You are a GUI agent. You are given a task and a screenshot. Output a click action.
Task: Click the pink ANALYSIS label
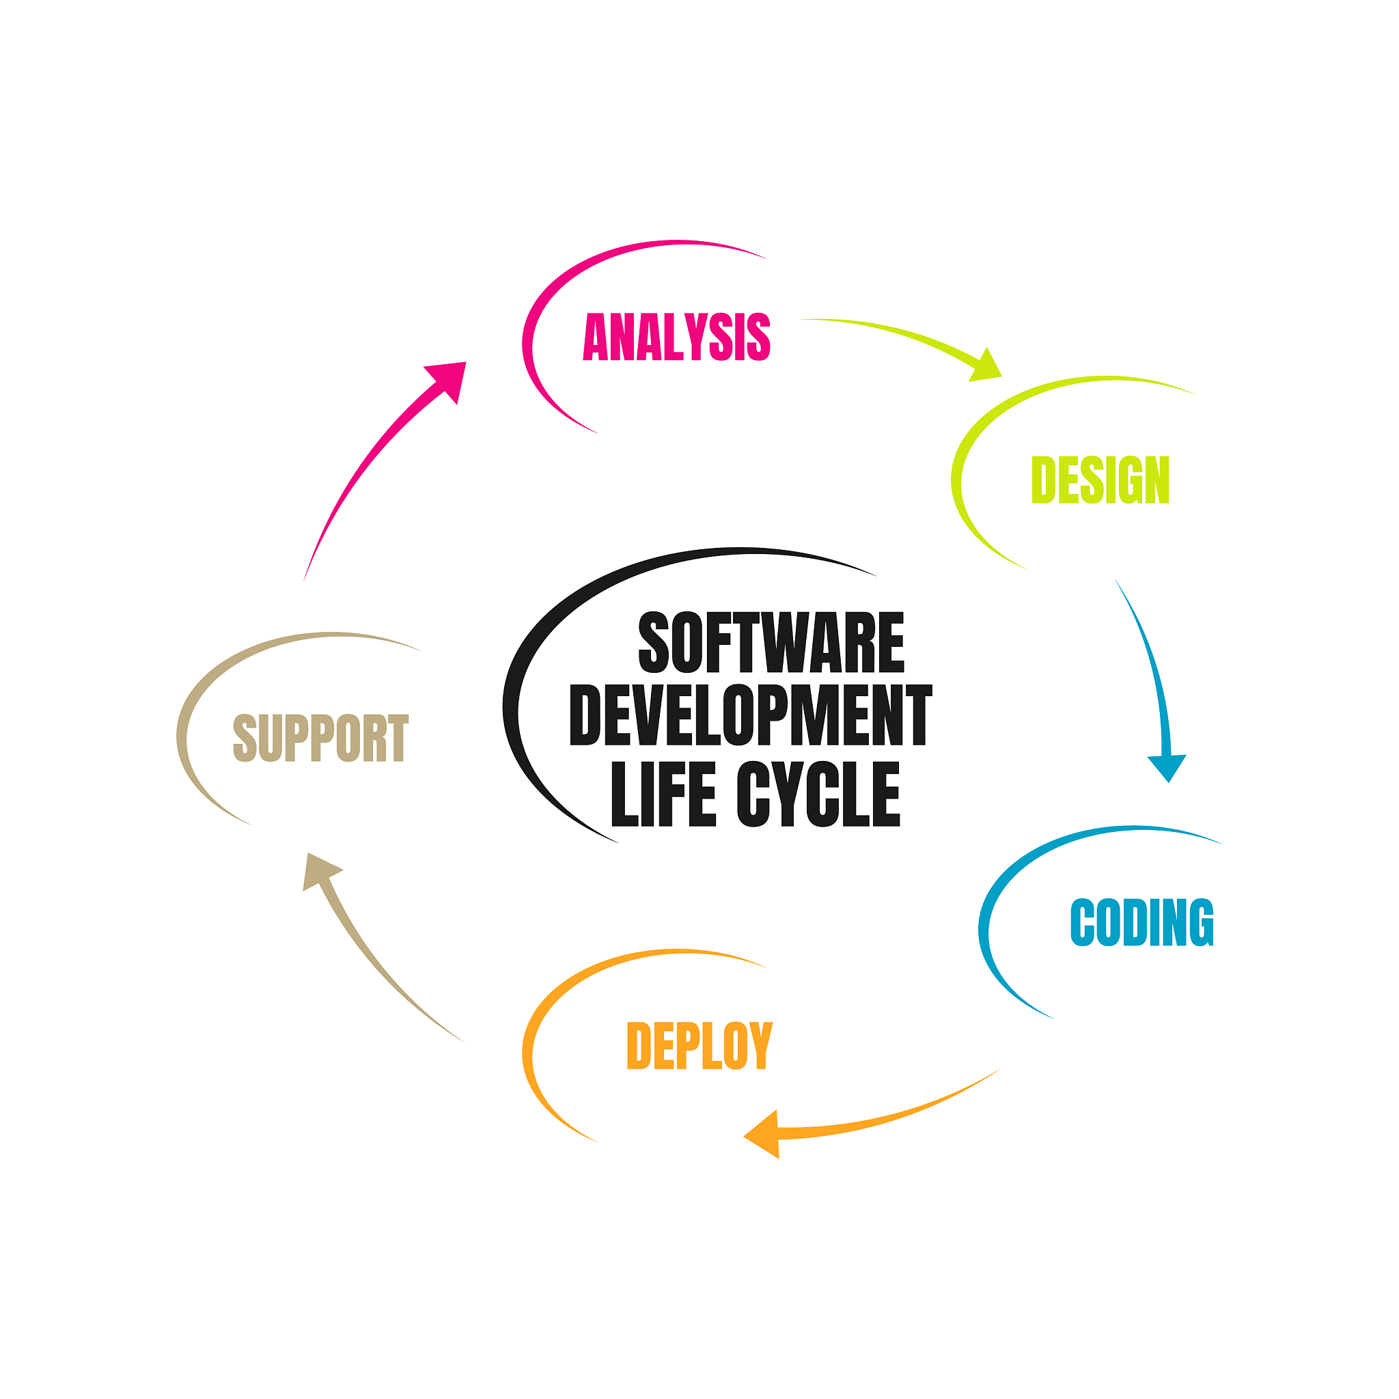click(676, 337)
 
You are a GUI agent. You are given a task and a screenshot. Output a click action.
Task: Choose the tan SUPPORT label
click(321, 737)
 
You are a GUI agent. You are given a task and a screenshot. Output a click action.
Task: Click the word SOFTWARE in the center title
click(771, 642)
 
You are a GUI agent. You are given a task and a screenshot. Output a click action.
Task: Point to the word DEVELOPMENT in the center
click(751, 715)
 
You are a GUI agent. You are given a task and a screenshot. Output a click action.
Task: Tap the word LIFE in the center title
click(663, 794)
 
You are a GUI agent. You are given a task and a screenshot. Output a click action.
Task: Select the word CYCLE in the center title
click(818, 794)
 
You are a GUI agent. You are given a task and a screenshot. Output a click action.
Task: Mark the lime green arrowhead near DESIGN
click(986, 365)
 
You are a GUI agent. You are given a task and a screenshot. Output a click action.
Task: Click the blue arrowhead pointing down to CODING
click(1167, 768)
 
